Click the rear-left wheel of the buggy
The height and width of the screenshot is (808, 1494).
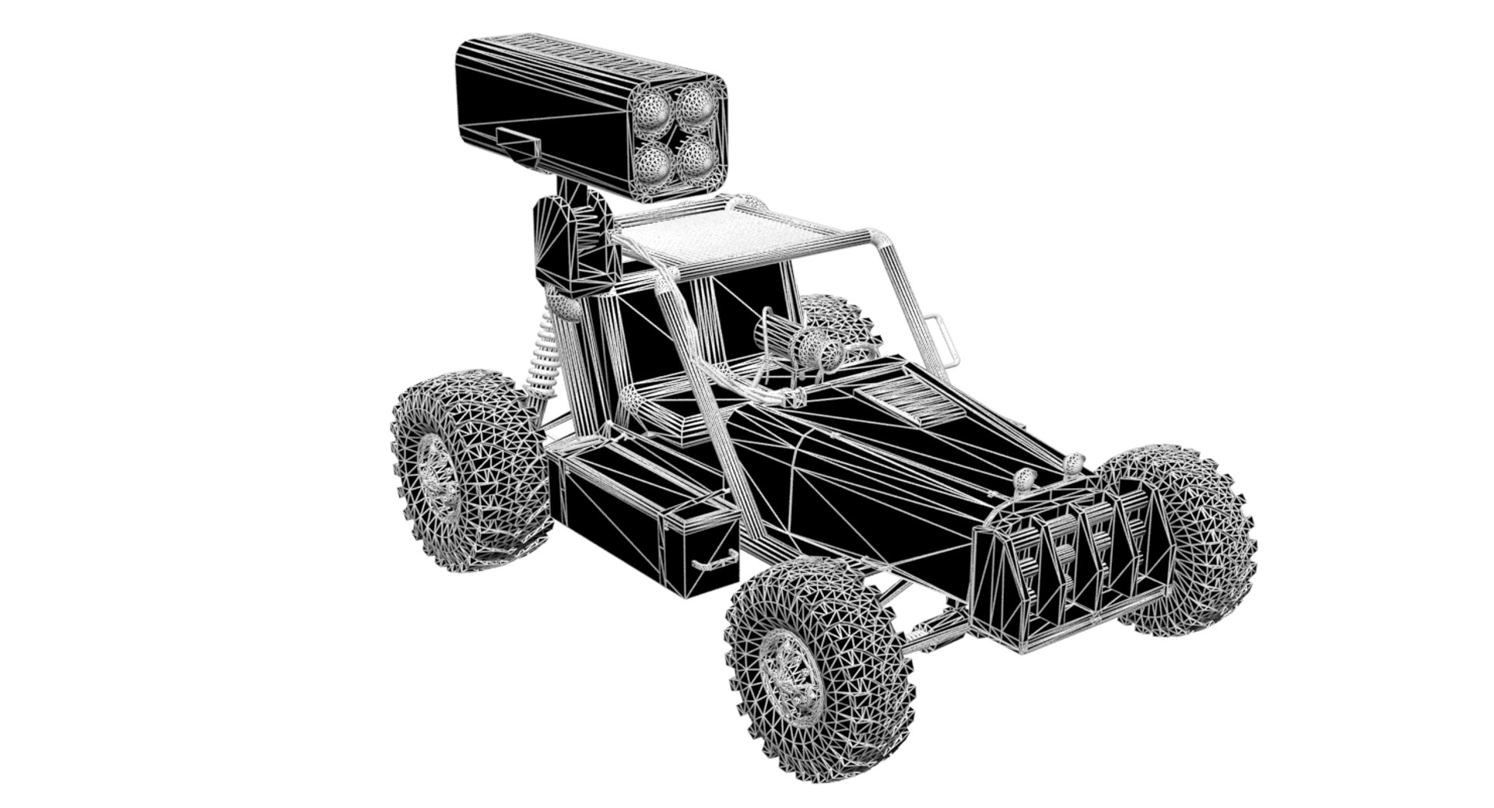click(x=471, y=471)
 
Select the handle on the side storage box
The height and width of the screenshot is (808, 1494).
click(x=714, y=560)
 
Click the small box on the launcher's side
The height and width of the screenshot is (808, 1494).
click(x=517, y=148)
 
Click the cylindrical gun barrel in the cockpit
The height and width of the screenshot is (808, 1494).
click(x=782, y=335)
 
